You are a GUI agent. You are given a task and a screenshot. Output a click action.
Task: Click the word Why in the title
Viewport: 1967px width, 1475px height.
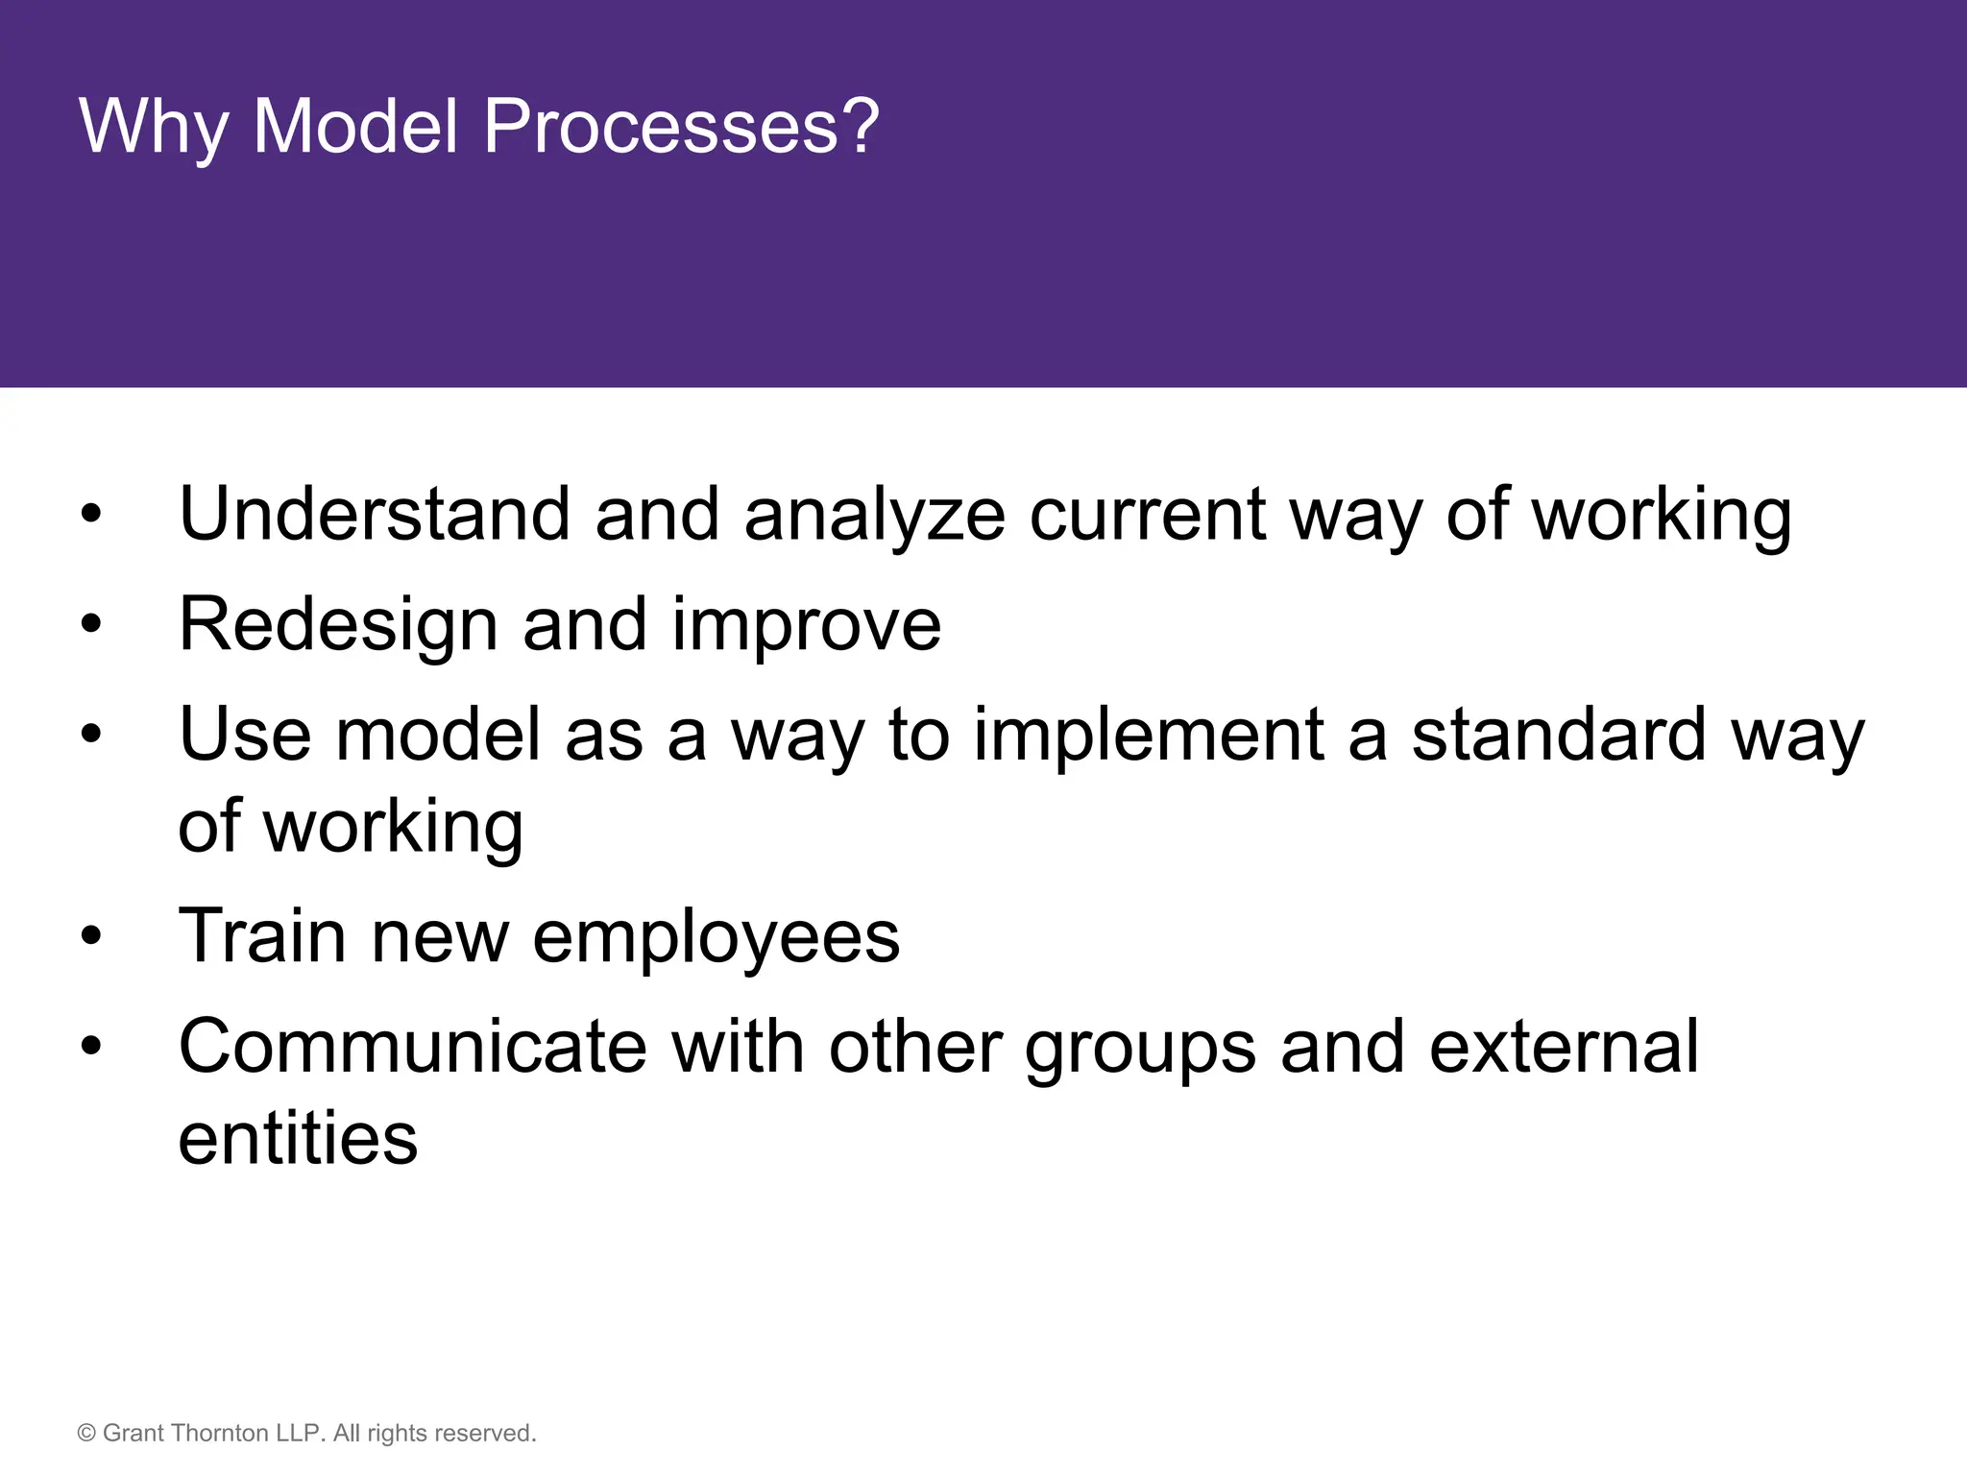tap(153, 126)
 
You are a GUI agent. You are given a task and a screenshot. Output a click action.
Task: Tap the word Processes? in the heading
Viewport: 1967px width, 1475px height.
tap(681, 126)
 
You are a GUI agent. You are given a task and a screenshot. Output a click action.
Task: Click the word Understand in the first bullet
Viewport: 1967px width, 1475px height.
tap(375, 514)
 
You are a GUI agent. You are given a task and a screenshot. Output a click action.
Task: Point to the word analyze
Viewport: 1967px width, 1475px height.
tap(874, 516)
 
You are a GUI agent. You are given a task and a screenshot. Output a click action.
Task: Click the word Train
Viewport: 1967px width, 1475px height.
tap(262, 935)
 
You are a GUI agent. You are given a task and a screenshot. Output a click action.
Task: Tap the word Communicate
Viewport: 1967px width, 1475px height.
tap(413, 1046)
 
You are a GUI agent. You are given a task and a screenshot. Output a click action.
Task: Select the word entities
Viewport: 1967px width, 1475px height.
tap(298, 1137)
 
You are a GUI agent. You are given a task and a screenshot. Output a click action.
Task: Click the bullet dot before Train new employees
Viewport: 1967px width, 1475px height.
tap(91, 936)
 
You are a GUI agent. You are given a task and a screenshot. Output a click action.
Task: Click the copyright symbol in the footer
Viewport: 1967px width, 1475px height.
tap(86, 1434)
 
